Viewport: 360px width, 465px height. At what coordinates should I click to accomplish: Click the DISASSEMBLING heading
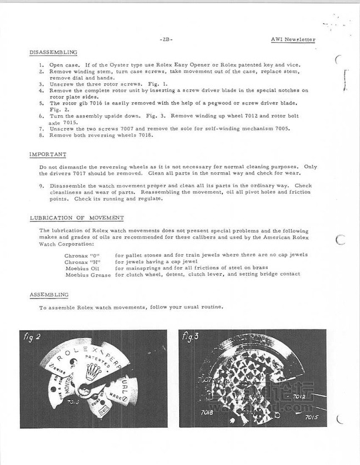pos(53,52)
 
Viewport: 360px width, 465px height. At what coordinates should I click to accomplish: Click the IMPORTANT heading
pos(48,154)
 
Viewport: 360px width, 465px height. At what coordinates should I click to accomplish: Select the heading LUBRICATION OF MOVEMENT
pos(77,218)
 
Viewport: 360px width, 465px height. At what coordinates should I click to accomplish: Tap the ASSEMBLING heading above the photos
pos(49,294)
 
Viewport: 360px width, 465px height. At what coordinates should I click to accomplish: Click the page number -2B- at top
pos(166,39)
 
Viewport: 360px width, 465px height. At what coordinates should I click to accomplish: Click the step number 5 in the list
pos(42,103)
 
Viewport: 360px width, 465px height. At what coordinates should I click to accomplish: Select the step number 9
pos(42,186)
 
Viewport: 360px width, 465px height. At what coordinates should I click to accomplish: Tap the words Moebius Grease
pos(88,274)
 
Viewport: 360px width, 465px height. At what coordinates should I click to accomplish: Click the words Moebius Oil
pos(83,268)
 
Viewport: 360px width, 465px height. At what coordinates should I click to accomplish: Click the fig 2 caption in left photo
pos(32,338)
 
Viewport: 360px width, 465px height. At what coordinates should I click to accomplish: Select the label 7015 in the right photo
pos(313,417)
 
